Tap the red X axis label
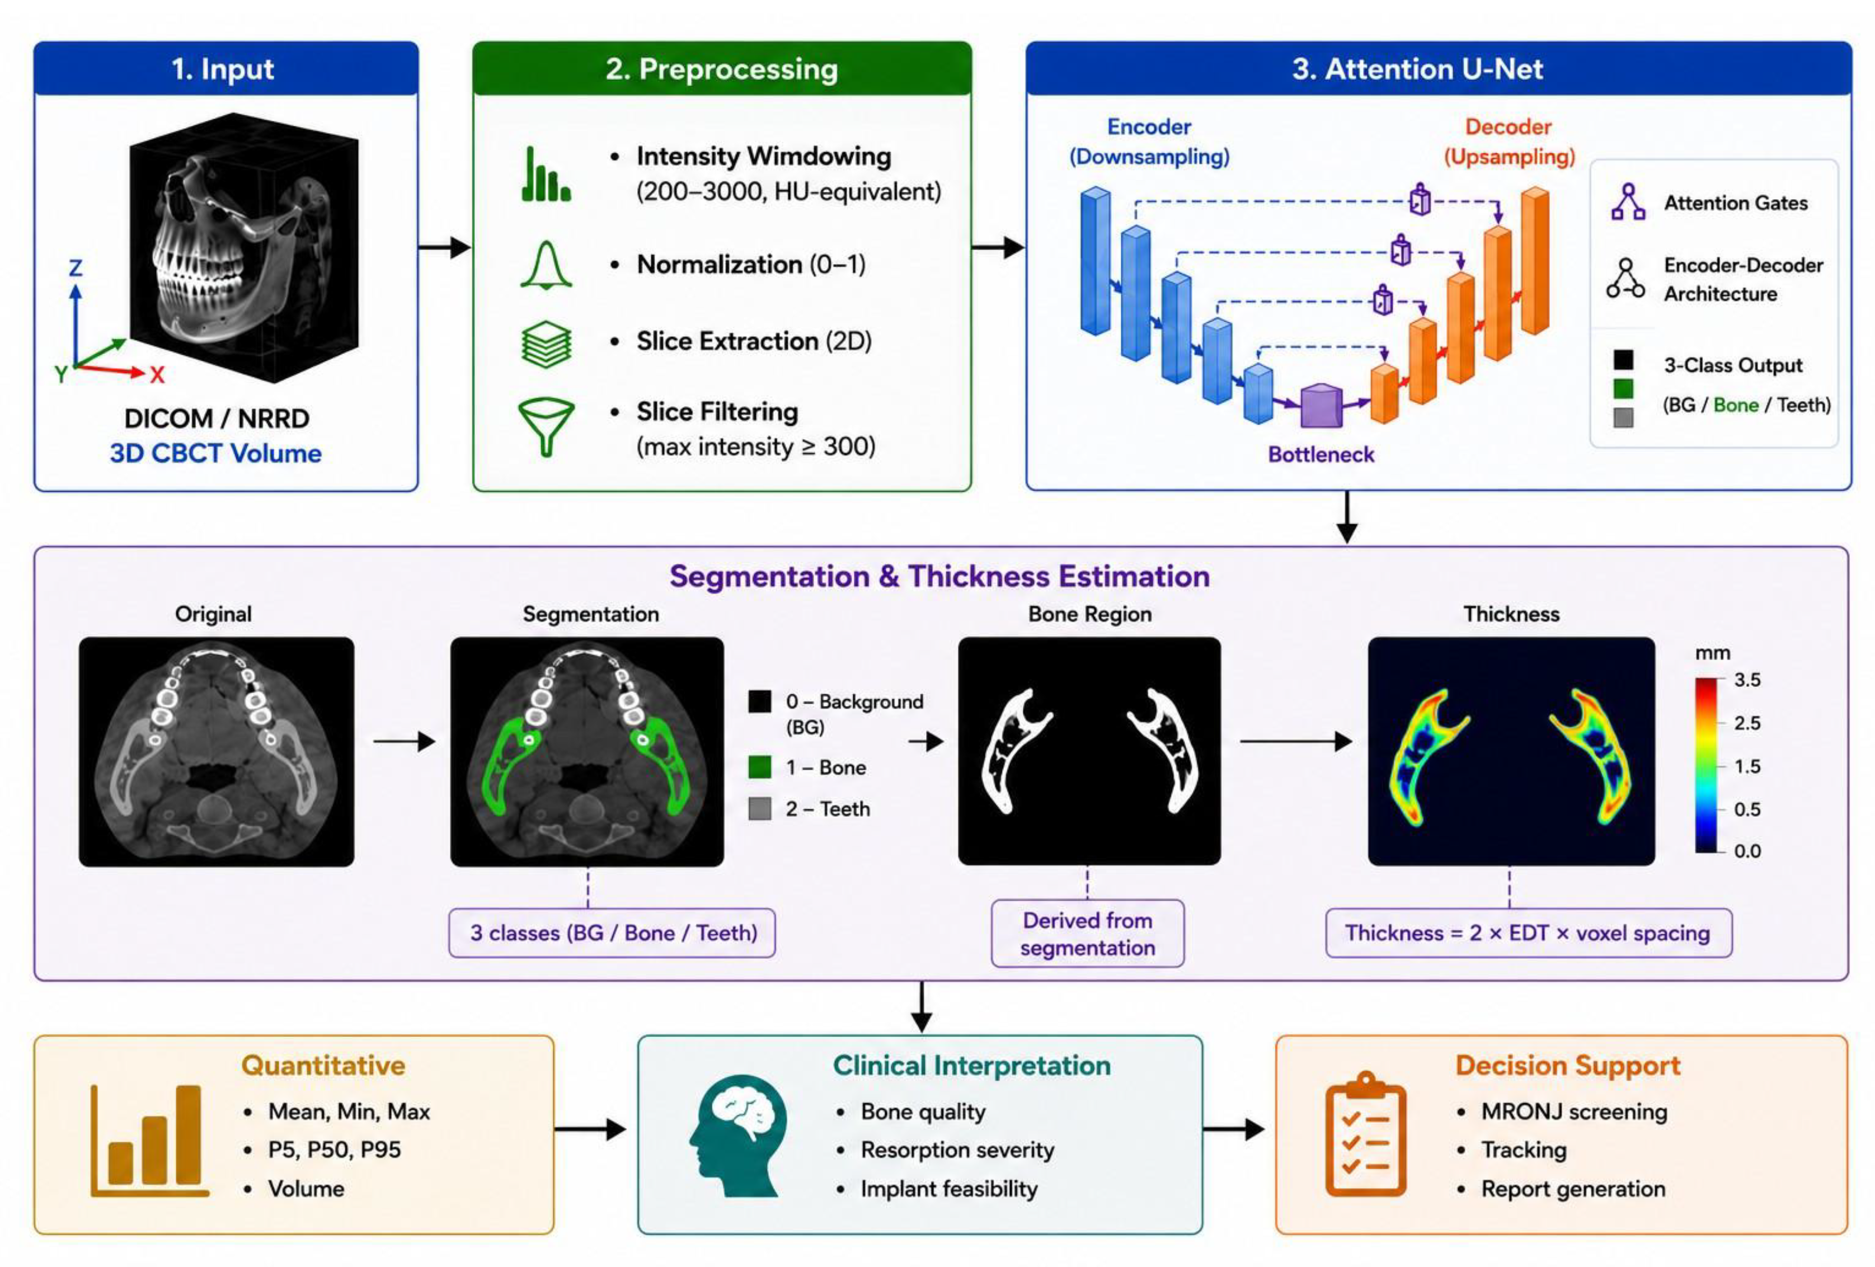click(x=157, y=374)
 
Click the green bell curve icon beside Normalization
click(x=546, y=265)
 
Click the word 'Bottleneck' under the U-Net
click(x=1321, y=454)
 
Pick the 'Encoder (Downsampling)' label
click(x=1149, y=141)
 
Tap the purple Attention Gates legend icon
click(x=1628, y=201)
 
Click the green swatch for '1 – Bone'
click(x=759, y=767)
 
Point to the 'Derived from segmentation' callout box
click(x=1088, y=933)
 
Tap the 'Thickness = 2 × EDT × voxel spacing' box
click(x=1528, y=933)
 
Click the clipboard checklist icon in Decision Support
click(x=1366, y=1134)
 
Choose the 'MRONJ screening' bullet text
click(x=1574, y=1111)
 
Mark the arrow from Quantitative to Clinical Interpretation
click(x=590, y=1129)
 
